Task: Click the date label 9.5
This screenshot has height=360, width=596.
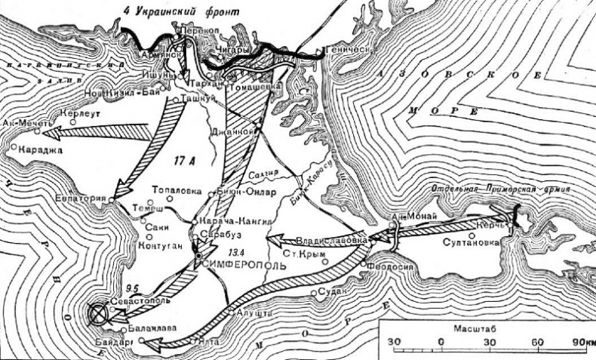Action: tap(135, 287)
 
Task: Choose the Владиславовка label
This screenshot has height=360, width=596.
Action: tap(333, 238)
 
